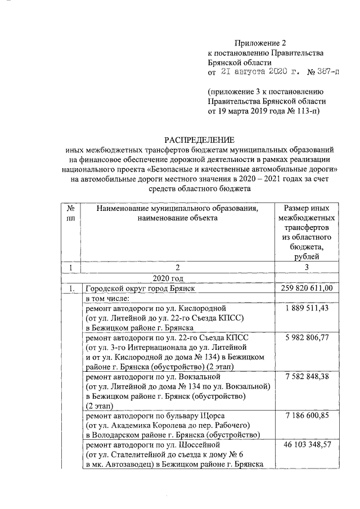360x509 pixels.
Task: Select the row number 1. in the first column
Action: point(71,289)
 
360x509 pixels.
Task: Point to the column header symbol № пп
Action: point(70,213)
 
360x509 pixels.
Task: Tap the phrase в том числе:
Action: point(108,299)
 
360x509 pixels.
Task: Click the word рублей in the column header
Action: point(307,257)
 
